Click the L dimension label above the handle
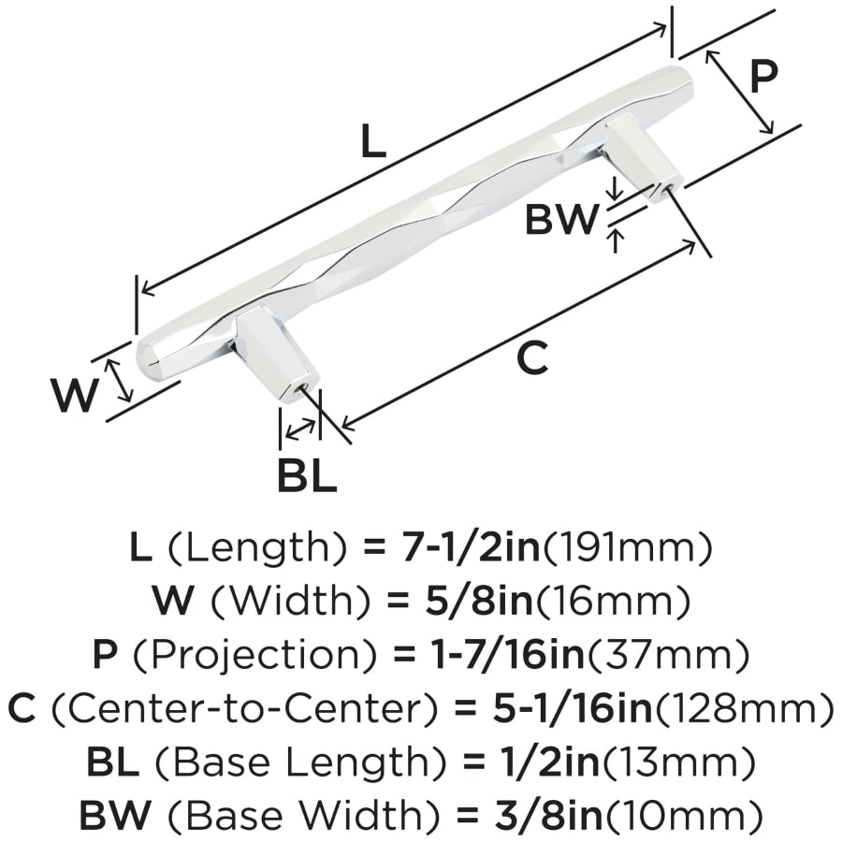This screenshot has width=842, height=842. [373, 141]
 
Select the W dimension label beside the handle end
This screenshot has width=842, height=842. [75, 395]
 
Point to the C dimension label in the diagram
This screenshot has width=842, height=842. [532, 357]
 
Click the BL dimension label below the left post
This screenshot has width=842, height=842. [307, 474]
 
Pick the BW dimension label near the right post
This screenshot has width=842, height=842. [561, 220]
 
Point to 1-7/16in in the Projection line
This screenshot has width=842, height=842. [508, 655]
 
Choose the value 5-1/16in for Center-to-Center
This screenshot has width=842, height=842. [573, 709]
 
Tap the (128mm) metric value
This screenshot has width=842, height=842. [745, 709]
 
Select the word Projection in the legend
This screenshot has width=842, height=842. [254, 655]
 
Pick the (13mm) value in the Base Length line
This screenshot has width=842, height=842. [677, 762]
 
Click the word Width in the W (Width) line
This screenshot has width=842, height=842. [290, 602]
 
